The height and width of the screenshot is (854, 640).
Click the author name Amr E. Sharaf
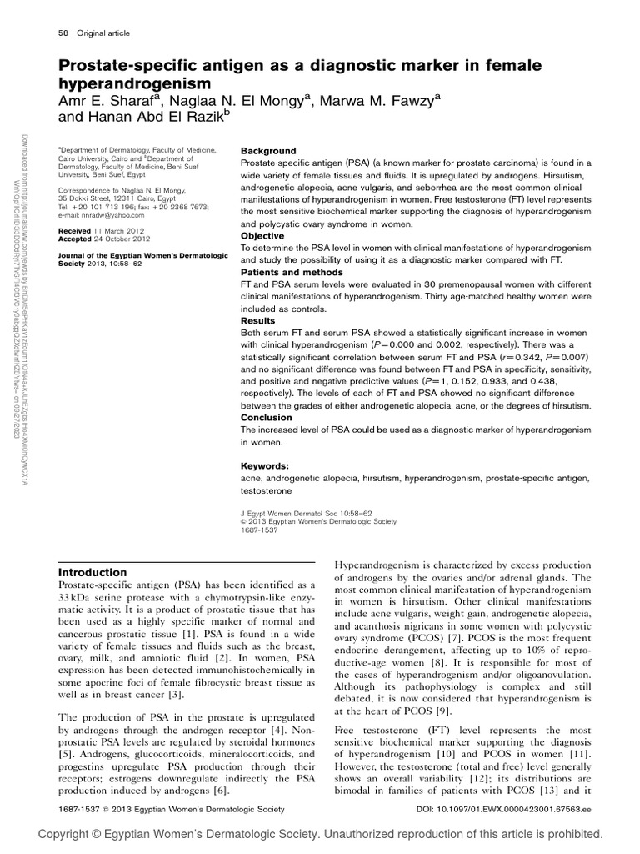pyautogui.click(x=109, y=101)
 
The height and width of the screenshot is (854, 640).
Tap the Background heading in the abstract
pyautogui.click(x=267, y=151)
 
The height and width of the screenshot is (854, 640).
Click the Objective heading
pyautogui.click(x=262, y=236)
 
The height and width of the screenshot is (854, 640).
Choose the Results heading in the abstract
pyautogui.click(x=257, y=319)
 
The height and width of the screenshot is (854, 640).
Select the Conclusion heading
pyautogui.click(x=266, y=417)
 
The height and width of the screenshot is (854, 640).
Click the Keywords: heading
pyautogui.click(x=265, y=465)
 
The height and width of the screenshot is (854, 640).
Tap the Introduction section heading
pyautogui.click(x=92, y=572)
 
